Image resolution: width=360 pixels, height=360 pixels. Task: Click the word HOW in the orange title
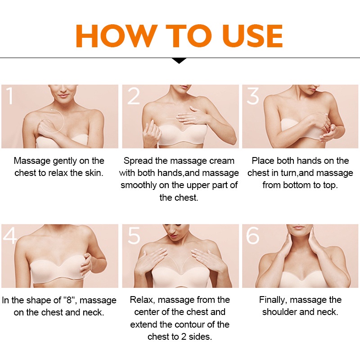[117, 36]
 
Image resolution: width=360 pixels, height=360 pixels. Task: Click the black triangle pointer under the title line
[179, 61]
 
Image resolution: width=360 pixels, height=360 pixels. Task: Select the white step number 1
[9, 95]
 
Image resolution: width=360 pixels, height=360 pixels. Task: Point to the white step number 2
[133, 96]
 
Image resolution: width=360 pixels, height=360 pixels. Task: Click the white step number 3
[253, 96]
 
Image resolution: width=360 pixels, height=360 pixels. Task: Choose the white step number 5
[134, 235]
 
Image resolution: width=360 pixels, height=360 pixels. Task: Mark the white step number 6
[253, 235]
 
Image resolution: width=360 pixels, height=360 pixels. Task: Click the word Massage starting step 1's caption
[32, 161]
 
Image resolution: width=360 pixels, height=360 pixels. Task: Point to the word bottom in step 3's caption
[298, 185]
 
